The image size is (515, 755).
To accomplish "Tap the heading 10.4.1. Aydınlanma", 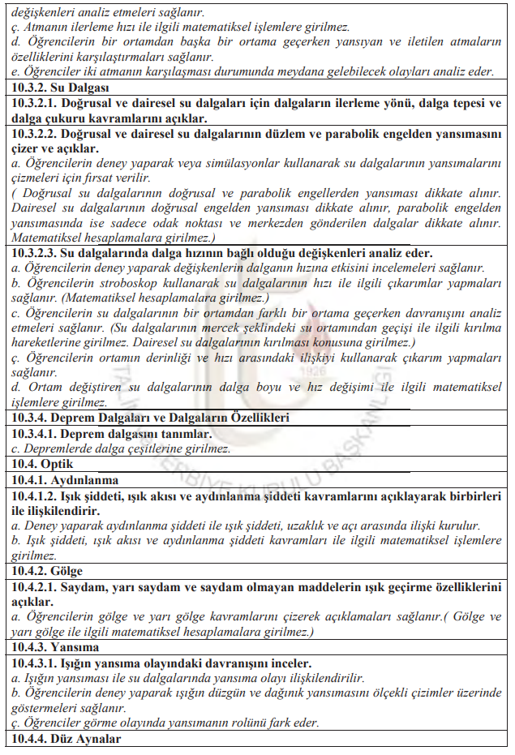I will point(65,480).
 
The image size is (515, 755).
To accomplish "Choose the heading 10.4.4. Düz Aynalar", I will point(67,739).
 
